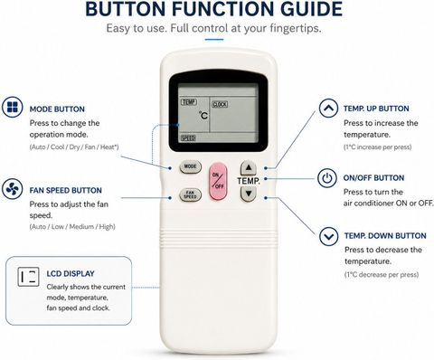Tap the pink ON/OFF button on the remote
[218, 182]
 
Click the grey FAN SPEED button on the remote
[190, 194]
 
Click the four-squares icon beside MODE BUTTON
[13, 107]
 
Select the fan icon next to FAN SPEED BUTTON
[13, 189]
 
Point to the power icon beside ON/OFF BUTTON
[327, 178]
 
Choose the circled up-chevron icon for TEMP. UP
[328, 109]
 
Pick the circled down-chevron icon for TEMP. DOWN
[329, 236]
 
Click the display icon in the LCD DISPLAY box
[28, 277]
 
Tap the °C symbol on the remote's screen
[203, 115]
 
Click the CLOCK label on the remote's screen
[220, 104]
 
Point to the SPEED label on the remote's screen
[188, 138]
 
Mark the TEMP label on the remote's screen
[189, 102]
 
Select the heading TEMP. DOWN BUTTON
[385, 236]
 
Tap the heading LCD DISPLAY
[71, 274]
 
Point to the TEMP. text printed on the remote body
[249, 181]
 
